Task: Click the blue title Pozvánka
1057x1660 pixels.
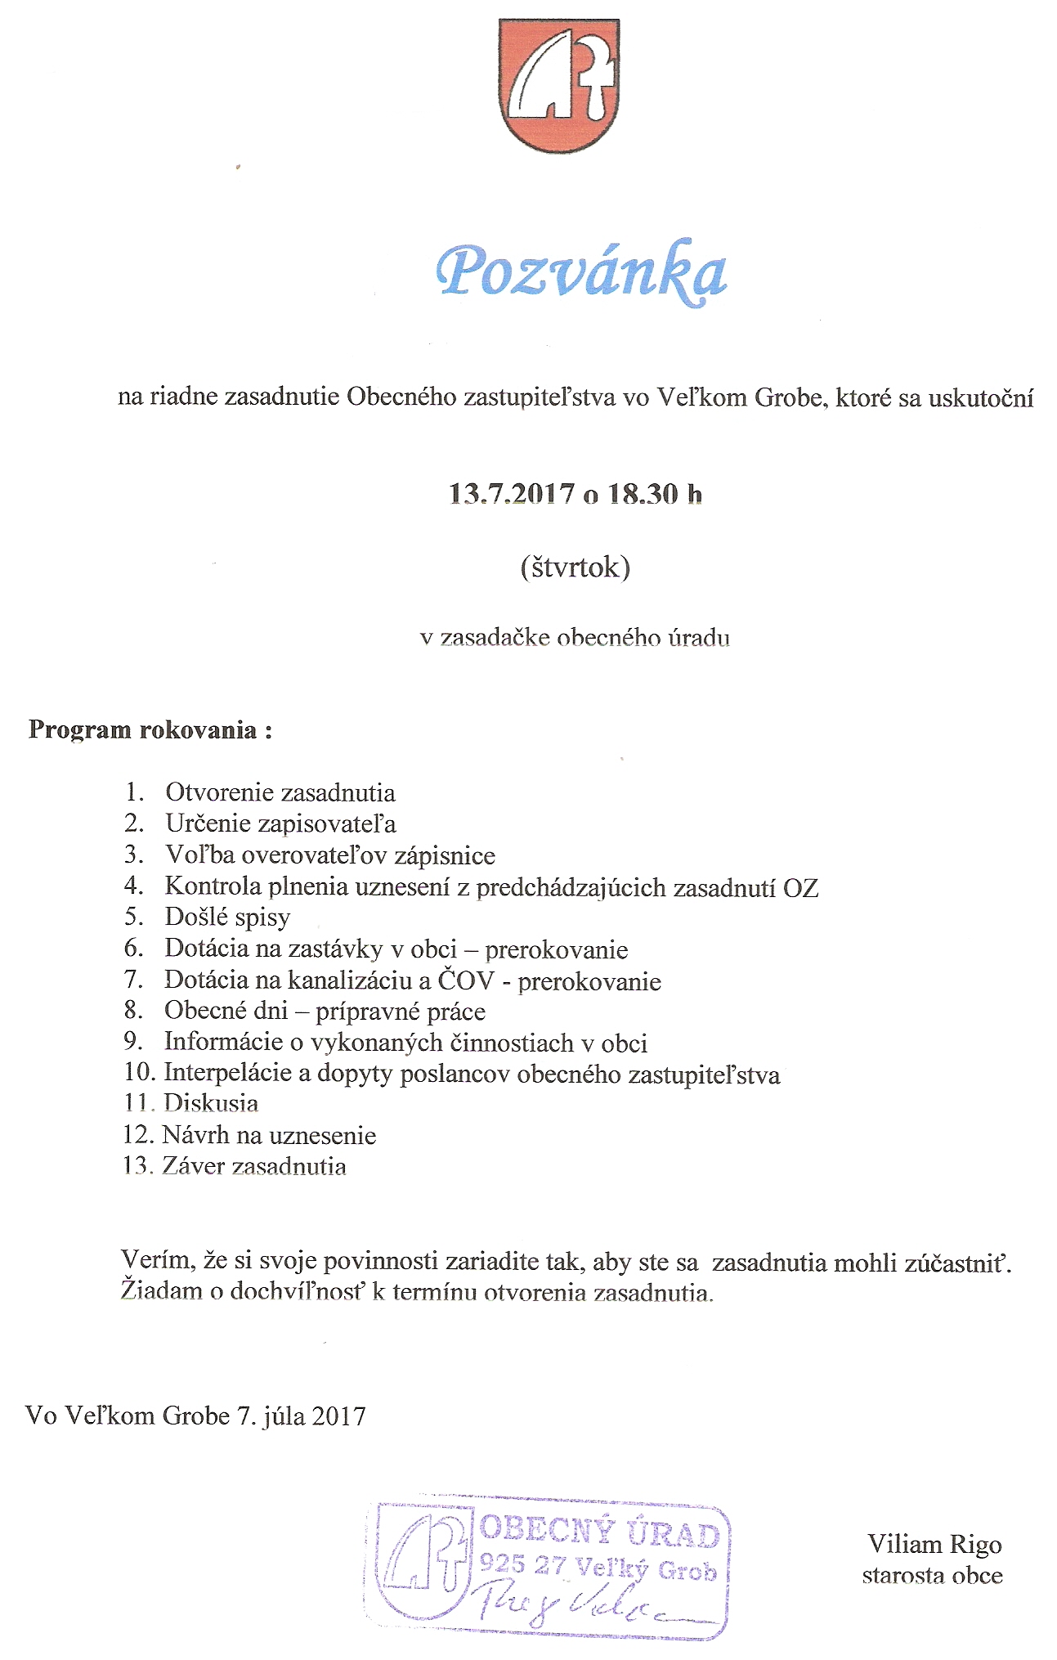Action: click(581, 272)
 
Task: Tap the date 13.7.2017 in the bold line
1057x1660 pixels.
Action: click(512, 494)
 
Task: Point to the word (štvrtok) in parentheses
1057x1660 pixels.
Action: click(575, 568)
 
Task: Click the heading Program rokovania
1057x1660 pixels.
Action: click(150, 729)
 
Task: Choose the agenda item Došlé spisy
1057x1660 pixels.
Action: click(227, 917)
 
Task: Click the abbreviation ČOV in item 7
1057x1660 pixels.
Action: click(465, 980)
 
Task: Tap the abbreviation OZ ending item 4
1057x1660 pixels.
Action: click(801, 887)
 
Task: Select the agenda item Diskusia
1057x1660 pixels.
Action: click(211, 1103)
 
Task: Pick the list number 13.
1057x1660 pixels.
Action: click(137, 1165)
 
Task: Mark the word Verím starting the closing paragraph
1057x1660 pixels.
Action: click(158, 1260)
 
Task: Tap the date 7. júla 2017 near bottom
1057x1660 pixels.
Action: click(302, 1415)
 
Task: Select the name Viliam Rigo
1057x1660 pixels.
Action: click(934, 1544)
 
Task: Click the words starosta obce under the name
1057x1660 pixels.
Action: click(932, 1576)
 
